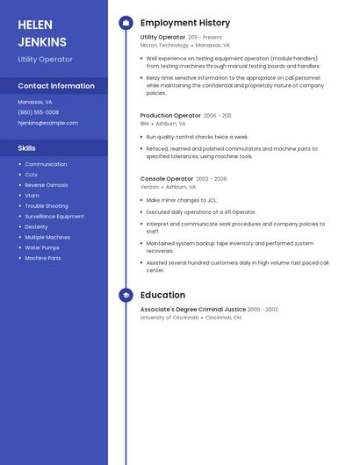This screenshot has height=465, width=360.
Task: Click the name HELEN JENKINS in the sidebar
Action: pos(42,33)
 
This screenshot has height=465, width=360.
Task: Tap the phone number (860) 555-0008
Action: pos(38,112)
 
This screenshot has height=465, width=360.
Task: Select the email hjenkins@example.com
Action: pos(47,123)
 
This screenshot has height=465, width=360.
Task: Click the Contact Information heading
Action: pos(56,86)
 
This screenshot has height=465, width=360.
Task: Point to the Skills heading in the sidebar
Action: pos(26,148)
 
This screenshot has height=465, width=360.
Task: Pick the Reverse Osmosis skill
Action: pos(46,185)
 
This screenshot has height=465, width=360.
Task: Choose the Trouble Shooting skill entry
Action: pos(46,206)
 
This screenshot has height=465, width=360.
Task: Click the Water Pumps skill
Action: pos(42,247)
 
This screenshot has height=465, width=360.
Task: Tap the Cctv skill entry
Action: pos(31,175)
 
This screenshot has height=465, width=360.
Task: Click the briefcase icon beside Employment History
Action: pos(126,23)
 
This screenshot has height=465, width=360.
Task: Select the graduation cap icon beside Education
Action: pos(126,296)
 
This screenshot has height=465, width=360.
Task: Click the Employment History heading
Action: pos(185,23)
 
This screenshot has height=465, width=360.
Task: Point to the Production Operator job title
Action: pos(170,115)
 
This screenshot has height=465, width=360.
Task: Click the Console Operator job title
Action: pos(166,179)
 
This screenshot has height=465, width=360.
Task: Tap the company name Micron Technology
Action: pos(164,45)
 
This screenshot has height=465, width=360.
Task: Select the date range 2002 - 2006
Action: pos(212,179)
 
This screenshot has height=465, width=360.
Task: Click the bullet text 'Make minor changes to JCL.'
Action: pos(183,200)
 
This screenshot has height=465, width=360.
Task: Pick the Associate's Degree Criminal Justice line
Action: pos(192,309)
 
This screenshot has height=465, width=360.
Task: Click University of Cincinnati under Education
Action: pos(169,317)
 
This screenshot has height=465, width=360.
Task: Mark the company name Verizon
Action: pos(149,187)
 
